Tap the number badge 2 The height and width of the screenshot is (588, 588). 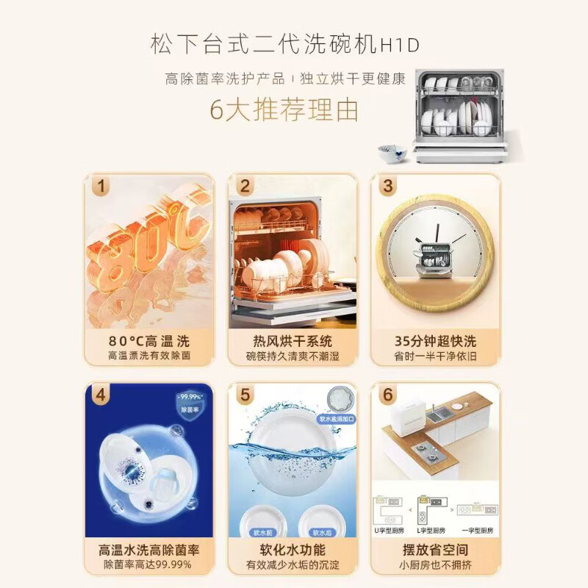click(x=245, y=186)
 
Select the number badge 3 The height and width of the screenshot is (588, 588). click(x=388, y=186)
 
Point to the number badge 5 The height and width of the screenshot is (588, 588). click(x=245, y=395)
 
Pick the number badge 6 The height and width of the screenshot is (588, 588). click(x=388, y=395)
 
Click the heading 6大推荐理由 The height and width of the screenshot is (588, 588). click(x=284, y=110)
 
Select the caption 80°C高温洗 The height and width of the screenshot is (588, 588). click(x=149, y=341)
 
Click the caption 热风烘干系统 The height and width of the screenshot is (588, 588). click(x=293, y=341)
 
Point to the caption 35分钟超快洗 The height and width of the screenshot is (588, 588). click(x=436, y=341)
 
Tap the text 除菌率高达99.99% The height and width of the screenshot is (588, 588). click(x=149, y=564)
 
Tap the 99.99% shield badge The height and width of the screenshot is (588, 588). click(x=189, y=406)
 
